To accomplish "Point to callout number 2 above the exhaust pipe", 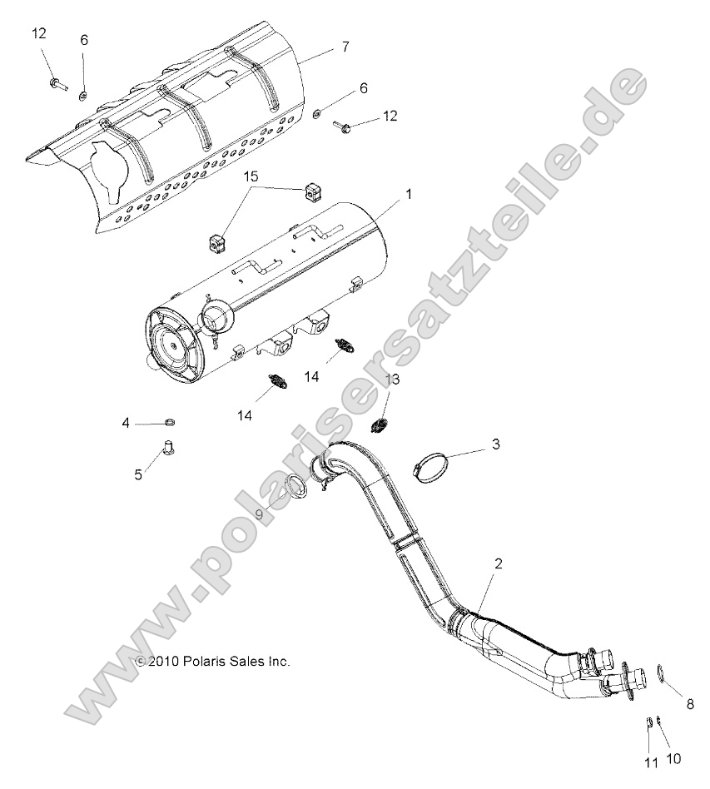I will point(498,563).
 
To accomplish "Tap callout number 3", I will point(496,444).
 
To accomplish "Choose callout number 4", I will point(127,424).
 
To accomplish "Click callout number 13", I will point(392,380).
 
